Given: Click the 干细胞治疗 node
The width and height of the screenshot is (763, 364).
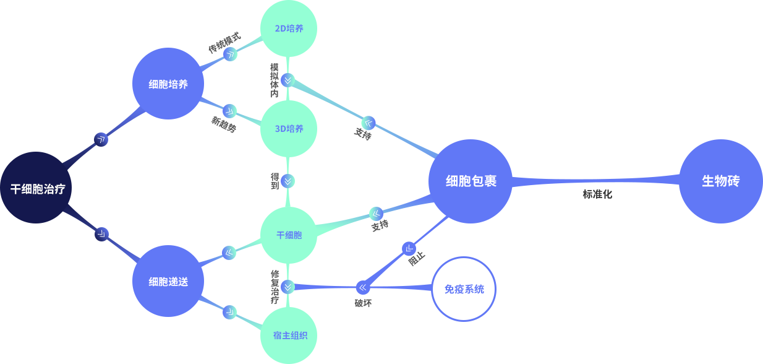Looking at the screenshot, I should [37, 188].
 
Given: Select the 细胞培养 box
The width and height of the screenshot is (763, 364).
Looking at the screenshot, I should [168, 84].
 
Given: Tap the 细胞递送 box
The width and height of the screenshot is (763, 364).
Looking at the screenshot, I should [168, 281].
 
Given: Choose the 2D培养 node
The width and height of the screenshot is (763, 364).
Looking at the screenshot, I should [289, 28].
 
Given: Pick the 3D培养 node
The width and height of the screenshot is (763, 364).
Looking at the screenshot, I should [289, 129].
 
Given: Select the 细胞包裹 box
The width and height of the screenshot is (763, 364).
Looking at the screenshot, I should [471, 181].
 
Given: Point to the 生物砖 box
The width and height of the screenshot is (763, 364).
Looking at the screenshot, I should [720, 181].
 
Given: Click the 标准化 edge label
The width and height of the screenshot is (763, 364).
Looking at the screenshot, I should [597, 194].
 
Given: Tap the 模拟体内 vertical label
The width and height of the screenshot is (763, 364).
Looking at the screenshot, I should [274, 80].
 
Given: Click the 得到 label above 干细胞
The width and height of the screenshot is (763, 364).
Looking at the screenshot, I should [275, 181].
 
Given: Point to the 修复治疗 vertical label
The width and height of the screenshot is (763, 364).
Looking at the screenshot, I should [275, 287].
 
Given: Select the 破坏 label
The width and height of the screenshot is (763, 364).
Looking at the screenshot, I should [363, 303].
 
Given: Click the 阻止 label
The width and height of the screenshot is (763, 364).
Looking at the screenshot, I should [417, 259].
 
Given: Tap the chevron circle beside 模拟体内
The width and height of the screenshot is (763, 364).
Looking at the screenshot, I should [288, 80].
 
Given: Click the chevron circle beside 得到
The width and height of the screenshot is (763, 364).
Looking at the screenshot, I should [288, 181].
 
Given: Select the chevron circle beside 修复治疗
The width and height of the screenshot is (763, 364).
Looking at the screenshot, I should [288, 287].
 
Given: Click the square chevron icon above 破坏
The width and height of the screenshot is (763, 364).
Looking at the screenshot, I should [362, 287].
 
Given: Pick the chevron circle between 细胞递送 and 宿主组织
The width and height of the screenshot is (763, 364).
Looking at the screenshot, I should [229, 312].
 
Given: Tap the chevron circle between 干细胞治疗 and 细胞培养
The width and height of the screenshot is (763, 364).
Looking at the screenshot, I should [101, 139].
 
